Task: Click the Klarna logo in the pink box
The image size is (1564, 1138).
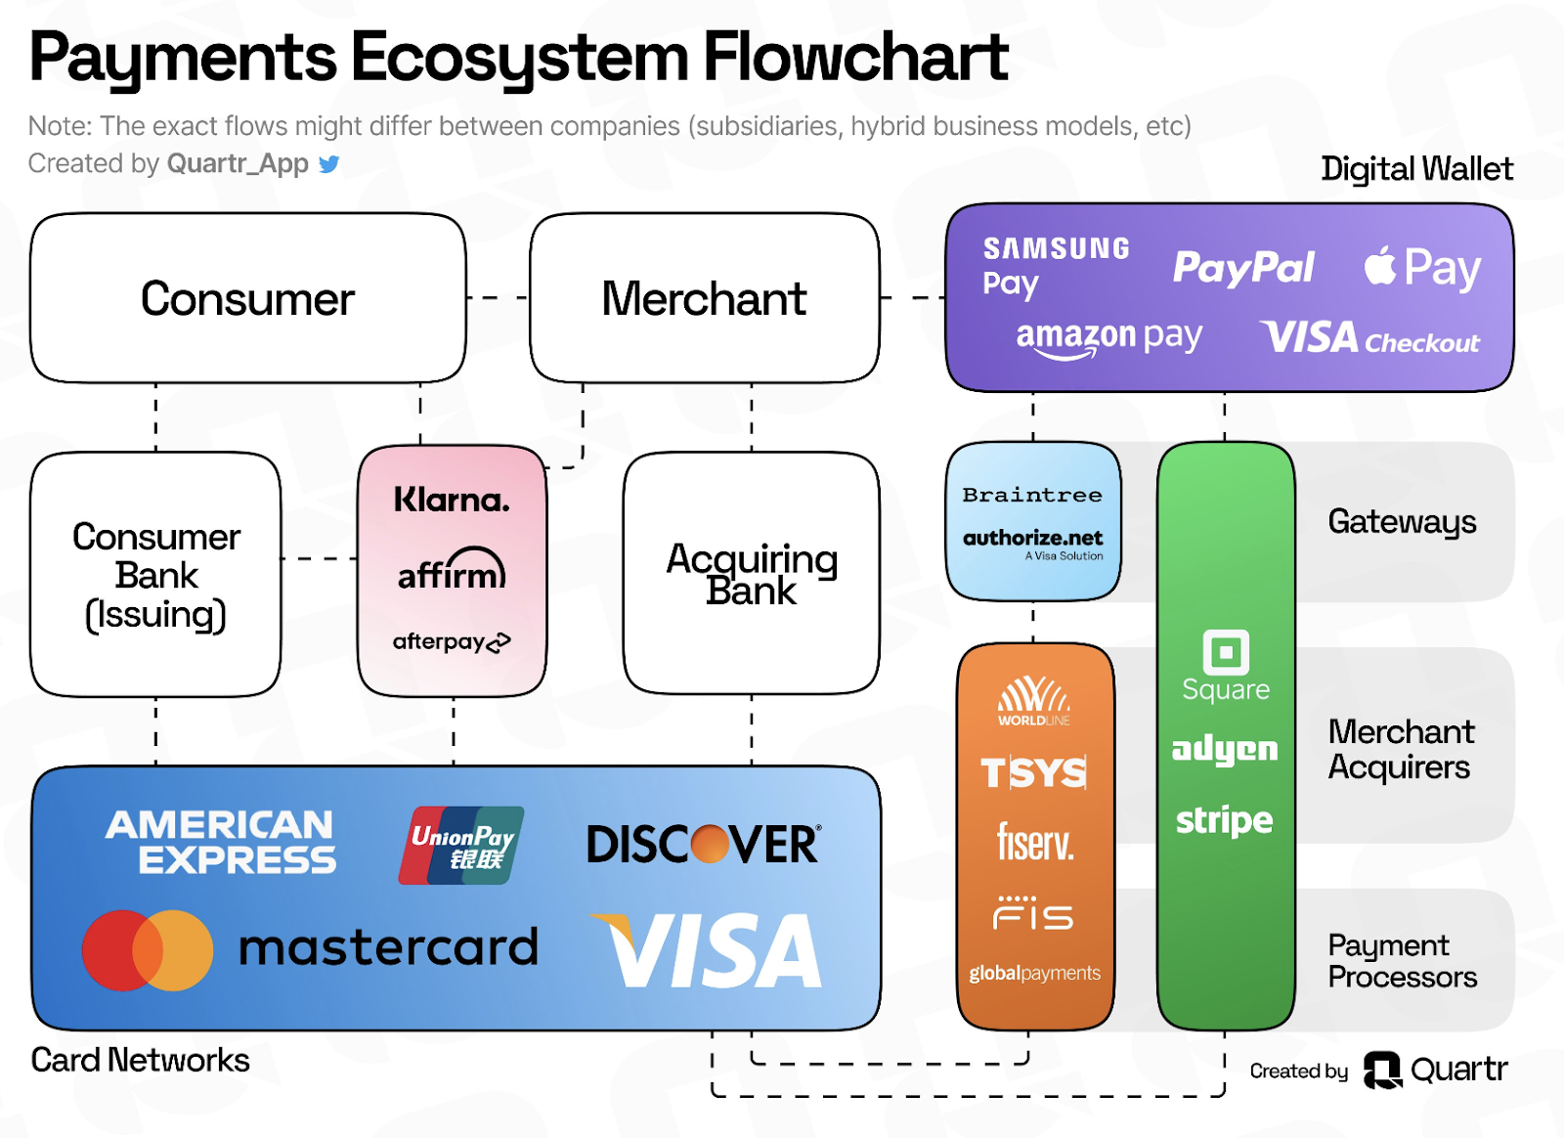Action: click(x=452, y=501)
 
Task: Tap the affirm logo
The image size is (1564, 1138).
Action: click(x=452, y=571)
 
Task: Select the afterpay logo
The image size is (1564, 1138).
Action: click(x=452, y=641)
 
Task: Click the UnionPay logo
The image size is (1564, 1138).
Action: click(x=461, y=846)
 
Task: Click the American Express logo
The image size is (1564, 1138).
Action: click(x=221, y=842)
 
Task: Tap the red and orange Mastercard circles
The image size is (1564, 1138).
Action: click(x=148, y=950)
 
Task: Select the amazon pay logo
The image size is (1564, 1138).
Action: click(x=1108, y=338)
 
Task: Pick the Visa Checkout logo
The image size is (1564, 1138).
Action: click(x=1369, y=338)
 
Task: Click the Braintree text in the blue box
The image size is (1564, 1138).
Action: click(x=1032, y=496)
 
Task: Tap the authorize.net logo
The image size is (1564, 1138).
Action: click(x=1033, y=541)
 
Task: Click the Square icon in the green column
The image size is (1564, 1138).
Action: click(x=1226, y=652)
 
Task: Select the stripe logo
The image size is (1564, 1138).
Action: click(x=1225, y=820)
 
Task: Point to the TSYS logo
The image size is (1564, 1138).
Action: click(x=1034, y=772)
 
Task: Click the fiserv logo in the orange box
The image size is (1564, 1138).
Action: click(x=1035, y=842)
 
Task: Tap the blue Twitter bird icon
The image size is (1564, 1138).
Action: click(x=329, y=164)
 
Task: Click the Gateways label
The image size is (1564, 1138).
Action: click(x=1402, y=522)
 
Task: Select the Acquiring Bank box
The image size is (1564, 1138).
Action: click(x=751, y=573)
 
